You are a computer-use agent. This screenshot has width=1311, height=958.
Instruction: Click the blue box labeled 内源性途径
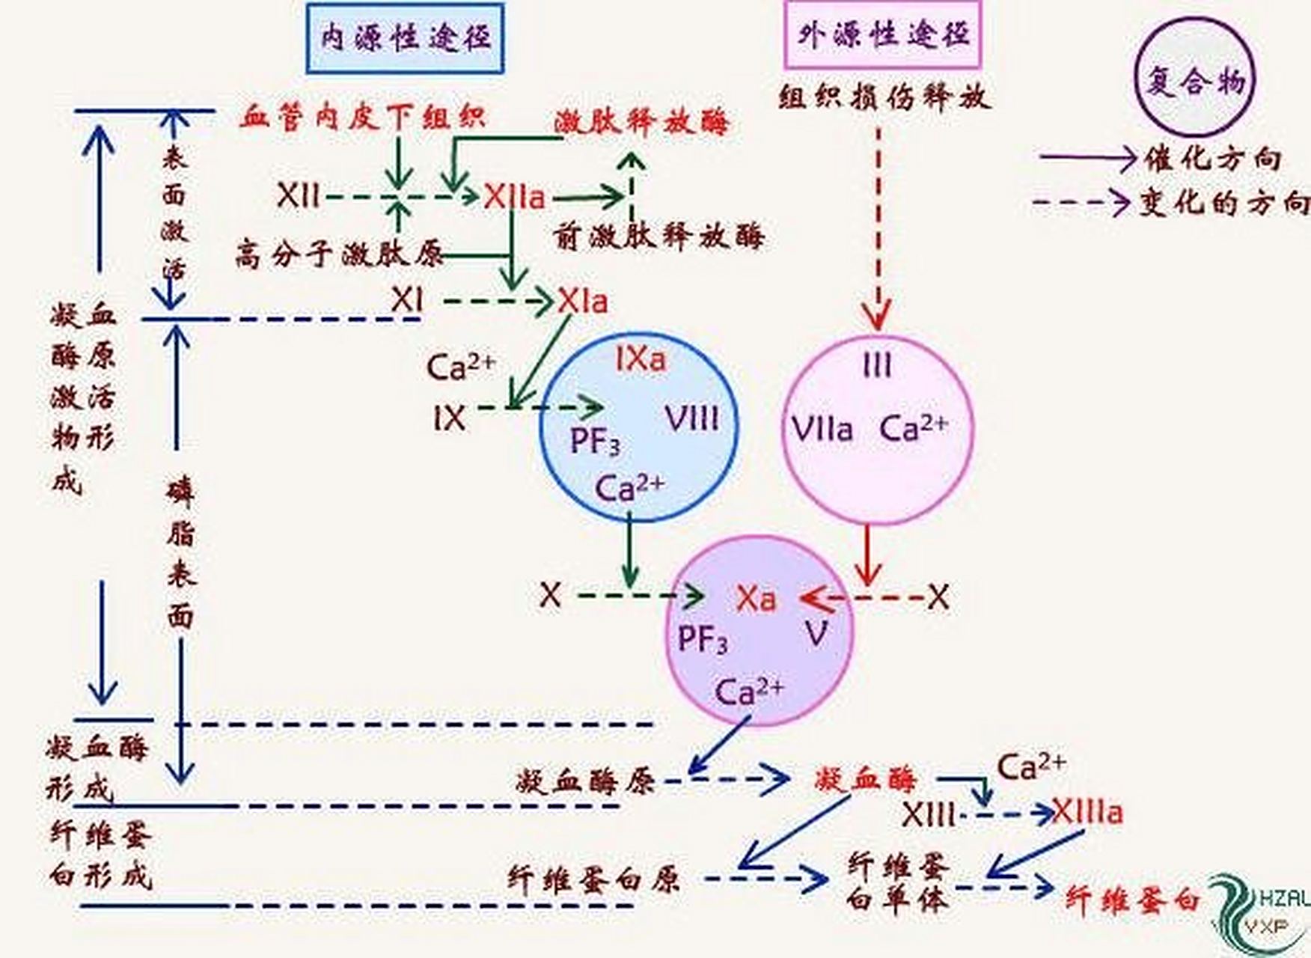pyautogui.click(x=405, y=37)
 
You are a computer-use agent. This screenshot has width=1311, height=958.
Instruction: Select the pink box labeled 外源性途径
pyautogui.click(x=883, y=35)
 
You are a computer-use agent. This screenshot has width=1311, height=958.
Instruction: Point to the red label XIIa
pyautogui.click(x=514, y=198)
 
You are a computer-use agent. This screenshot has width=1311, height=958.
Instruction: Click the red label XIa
pyautogui.click(x=582, y=302)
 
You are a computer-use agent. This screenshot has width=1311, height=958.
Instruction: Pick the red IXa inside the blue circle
pyautogui.click(x=641, y=359)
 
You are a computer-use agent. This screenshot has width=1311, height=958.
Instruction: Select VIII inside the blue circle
pyautogui.click(x=692, y=418)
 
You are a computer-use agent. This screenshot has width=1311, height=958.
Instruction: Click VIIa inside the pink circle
pyautogui.click(x=822, y=430)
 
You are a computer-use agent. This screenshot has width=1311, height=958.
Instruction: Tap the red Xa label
pyautogui.click(x=756, y=599)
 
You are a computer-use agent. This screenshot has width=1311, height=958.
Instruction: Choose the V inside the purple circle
pyautogui.click(x=816, y=635)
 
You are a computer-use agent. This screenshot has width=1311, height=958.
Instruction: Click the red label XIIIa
pyautogui.click(x=1087, y=812)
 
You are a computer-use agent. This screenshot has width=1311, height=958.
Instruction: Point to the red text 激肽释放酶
pyautogui.click(x=641, y=122)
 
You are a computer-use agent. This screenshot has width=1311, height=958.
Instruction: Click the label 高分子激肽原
pyautogui.click(x=340, y=254)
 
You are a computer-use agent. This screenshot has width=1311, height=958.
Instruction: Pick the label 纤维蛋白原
pyautogui.click(x=593, y=879)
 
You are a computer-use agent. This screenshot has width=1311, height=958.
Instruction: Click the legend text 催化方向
pyautogui.click(x=1212, y=159)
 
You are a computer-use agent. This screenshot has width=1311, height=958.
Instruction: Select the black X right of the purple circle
pyautogui.click(x=938, y=598)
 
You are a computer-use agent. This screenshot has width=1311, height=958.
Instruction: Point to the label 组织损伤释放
pyautogui.click(x=884, y=97)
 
